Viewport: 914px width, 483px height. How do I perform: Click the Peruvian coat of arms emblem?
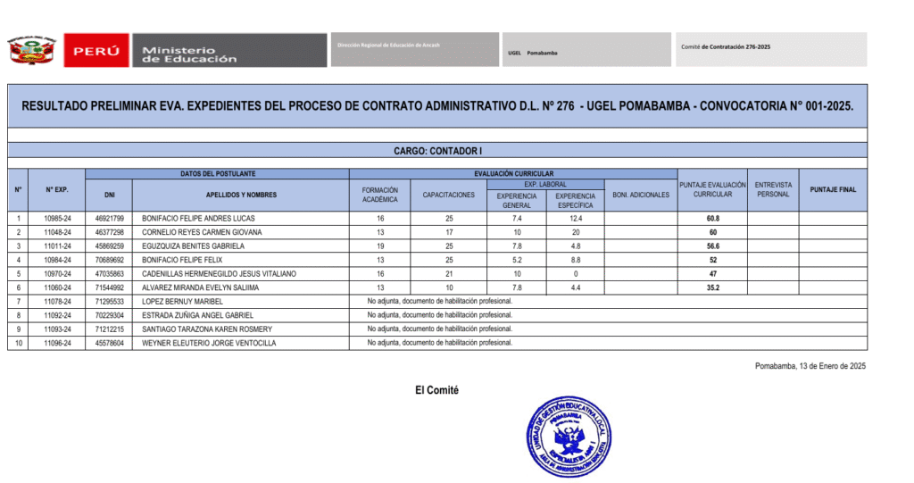click(x=32, y=51)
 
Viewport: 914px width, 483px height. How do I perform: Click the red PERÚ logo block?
click(x=96, y=51)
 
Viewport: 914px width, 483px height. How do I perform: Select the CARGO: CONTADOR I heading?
click(x=438, y=151)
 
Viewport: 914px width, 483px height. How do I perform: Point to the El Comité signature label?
click(x=436, y=390)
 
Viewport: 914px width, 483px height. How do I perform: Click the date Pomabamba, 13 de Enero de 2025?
click(x=810, y=366)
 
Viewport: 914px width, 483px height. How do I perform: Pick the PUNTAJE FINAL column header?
click(x=833, y=189)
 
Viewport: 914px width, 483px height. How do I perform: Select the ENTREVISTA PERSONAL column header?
click(x=772, y=189)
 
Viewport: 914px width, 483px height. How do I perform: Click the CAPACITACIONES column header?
click(x=448, y=195)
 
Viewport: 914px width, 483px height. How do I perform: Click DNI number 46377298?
click(x=109, y=232)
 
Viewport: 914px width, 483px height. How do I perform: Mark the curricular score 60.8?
click(x=712, y=218)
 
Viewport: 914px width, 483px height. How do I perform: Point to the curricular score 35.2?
click(x=712, y=287)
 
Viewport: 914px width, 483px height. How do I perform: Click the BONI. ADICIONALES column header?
click(x=641, y=195)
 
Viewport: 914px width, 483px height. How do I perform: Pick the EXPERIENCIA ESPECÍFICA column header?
click(x=575, y=200)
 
